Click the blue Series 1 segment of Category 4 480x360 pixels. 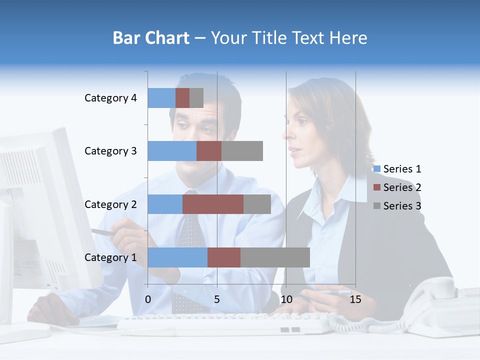coord(161,98)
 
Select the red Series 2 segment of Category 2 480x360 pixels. coord(213,204)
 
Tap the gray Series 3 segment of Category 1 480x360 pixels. coord(275,257)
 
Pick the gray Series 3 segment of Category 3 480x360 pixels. coord(242,151)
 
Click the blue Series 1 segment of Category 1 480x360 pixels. coord(177,257)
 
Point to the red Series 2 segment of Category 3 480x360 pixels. coord(209,151)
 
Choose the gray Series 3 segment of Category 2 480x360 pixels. coord(257,204)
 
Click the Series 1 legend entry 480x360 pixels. coord(397,169)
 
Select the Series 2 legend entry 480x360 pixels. coord(397,187)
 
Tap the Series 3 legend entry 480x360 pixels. coord(397,206)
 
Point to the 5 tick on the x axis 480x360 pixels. coord(217,300)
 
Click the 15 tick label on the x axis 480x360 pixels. coord(355,300)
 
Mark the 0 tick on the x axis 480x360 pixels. coord(148,300)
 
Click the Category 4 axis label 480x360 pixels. coord(110,98)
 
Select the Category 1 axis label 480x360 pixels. coord(110,257)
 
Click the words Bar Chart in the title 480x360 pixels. coord(151,38)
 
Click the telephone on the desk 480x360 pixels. coord(440,305)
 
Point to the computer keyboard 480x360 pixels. coord(225,324)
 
